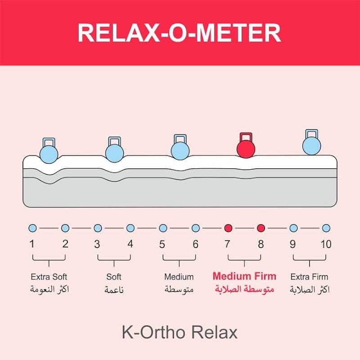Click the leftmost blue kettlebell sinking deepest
point(49,153)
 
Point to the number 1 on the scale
point(32,244)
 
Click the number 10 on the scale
point(326,244)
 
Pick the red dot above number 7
point(228,228)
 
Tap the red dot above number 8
point(261,228)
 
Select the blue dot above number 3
point(98,228)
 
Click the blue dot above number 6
point(196,228)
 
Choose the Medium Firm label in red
point(244,276)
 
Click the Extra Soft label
point(49,277)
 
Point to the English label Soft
point(114,277)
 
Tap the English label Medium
point(179,277)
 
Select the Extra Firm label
point(310,277)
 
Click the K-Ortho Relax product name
point(179,333)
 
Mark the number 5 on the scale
point(162,244)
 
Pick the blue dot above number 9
point(293,228)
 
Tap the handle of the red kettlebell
point(246,136)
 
